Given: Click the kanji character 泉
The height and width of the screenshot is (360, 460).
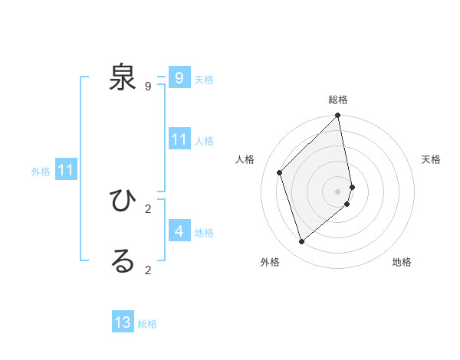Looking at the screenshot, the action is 123,77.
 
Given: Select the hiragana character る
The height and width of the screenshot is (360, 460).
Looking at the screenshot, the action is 123,261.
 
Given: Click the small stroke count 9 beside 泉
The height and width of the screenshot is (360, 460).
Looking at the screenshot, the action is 148,87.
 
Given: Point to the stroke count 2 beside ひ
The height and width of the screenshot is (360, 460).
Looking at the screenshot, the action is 148,208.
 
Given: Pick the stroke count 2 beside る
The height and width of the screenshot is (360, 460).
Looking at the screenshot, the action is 148,270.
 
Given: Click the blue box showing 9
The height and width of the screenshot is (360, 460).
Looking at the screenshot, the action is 179,78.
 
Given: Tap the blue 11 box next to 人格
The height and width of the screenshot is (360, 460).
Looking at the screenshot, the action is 179,139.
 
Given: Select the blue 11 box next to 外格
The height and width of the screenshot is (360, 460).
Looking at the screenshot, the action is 66,171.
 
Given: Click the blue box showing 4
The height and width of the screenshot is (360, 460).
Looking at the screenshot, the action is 179,231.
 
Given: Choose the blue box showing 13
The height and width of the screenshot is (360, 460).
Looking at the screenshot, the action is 123,322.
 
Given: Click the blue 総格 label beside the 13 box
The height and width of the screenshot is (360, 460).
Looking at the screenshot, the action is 147,324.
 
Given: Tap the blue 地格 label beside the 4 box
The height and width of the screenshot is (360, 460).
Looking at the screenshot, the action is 204,232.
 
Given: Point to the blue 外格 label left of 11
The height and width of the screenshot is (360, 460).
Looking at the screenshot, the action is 41,172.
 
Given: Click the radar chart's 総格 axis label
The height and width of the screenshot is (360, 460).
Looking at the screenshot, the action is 338,100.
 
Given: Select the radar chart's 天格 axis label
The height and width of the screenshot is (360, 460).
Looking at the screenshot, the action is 432,159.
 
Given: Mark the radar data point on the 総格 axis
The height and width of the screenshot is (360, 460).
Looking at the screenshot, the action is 338,116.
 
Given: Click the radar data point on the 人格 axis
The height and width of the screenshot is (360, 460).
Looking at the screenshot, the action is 280,172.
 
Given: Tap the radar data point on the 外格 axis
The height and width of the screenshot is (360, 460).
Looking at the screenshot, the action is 302,241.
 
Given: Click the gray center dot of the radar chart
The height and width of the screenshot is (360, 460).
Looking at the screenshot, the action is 338,191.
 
